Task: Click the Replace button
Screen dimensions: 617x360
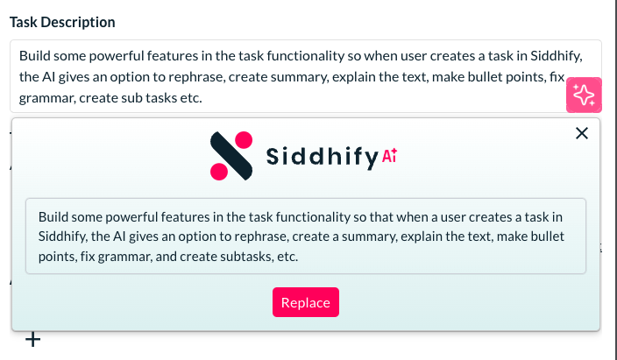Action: tap(306, 302)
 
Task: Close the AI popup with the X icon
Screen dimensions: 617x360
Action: tap(582, 133)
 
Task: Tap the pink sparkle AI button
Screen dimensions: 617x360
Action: tap(584, 95)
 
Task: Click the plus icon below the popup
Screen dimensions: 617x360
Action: tap(33, 340)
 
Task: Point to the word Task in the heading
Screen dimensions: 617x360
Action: tap(23, 22)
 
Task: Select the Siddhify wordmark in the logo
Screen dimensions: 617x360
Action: tap(323, 157)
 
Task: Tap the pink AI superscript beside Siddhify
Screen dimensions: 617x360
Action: tap(389, 155)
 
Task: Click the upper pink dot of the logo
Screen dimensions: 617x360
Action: tap(243, 140)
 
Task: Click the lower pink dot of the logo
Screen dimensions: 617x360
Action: tap(219, 172)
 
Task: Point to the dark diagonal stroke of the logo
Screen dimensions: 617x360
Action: tap(231, 156)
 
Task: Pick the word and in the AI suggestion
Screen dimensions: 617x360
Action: tap(166, 257)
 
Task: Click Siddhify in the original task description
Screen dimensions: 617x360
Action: tap(556, 56)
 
